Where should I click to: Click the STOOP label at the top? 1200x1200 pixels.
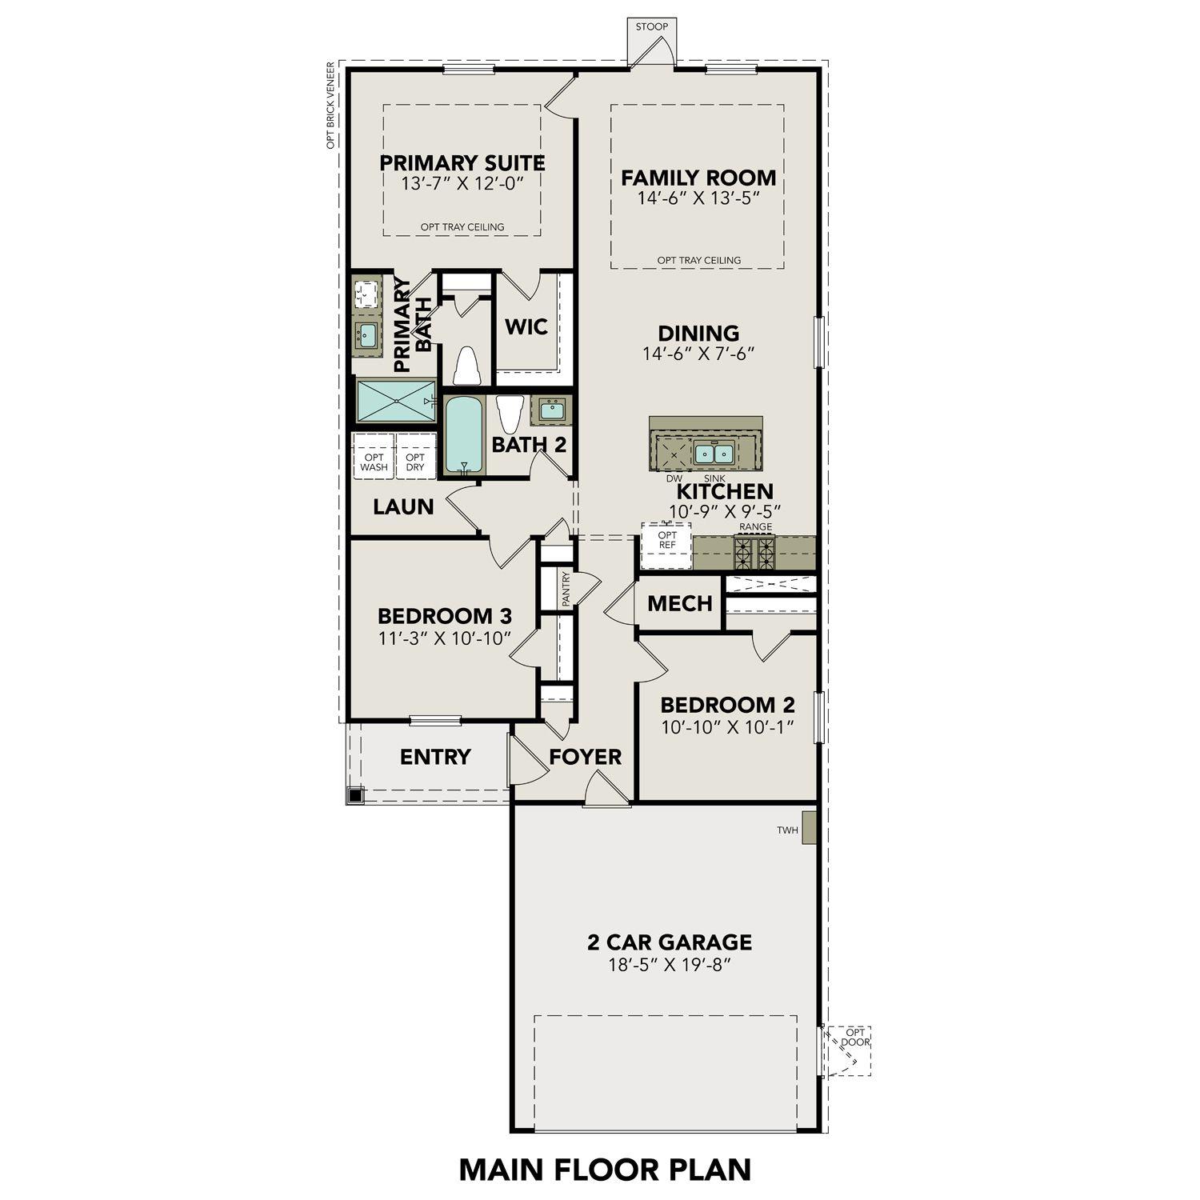point(651,27)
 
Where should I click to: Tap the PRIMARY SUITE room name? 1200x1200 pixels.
point(462,163)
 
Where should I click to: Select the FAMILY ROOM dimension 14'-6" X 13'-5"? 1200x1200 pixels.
point(698,198)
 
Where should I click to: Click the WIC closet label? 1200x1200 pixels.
point(526,327)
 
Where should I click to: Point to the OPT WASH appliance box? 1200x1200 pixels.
point(374,462)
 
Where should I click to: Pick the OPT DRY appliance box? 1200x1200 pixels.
point(415,462)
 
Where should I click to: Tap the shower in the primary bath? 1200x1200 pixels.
point(395,401)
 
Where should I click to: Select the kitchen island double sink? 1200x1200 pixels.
point(714,454)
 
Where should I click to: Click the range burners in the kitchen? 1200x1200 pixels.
point(755,552)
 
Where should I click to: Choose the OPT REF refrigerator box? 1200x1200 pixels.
point(666,541)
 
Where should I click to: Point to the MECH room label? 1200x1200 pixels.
point(679,604)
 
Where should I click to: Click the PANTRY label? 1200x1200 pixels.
point(566,589)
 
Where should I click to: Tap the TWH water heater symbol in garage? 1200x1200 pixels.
point(809,828)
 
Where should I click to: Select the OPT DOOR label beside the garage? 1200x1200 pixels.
point(854,1038)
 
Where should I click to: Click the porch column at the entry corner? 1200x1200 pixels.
point(355,795)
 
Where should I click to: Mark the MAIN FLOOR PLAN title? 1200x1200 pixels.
point(605,1169)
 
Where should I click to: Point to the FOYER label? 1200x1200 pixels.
point(585,757)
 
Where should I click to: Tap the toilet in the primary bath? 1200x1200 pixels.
point(466,366)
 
